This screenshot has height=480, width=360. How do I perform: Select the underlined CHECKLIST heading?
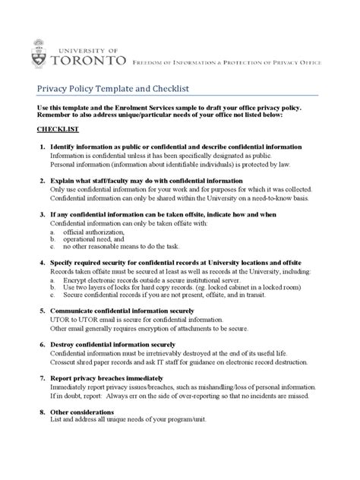coord(60,130)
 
